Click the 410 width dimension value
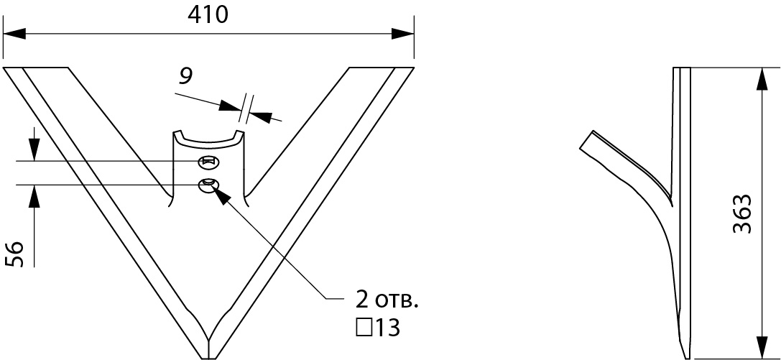pos(208,15)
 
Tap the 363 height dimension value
pos(741,213)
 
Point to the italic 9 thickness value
pos(185,76)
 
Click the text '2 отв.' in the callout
pos(387,300)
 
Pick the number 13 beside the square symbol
pos(387,328)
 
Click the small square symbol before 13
pos(364,328)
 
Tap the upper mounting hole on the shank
pos(208,162)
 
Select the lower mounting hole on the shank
pos(208,185)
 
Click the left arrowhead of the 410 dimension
pos(14,34)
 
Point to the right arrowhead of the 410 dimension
pos(402,34)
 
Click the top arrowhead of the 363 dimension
pos(762,79)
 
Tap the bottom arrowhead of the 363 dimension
pos(762,347)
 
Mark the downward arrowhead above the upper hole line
pos(34,150)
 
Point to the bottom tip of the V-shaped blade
pos(208,358)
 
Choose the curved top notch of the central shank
pos(208,142)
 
